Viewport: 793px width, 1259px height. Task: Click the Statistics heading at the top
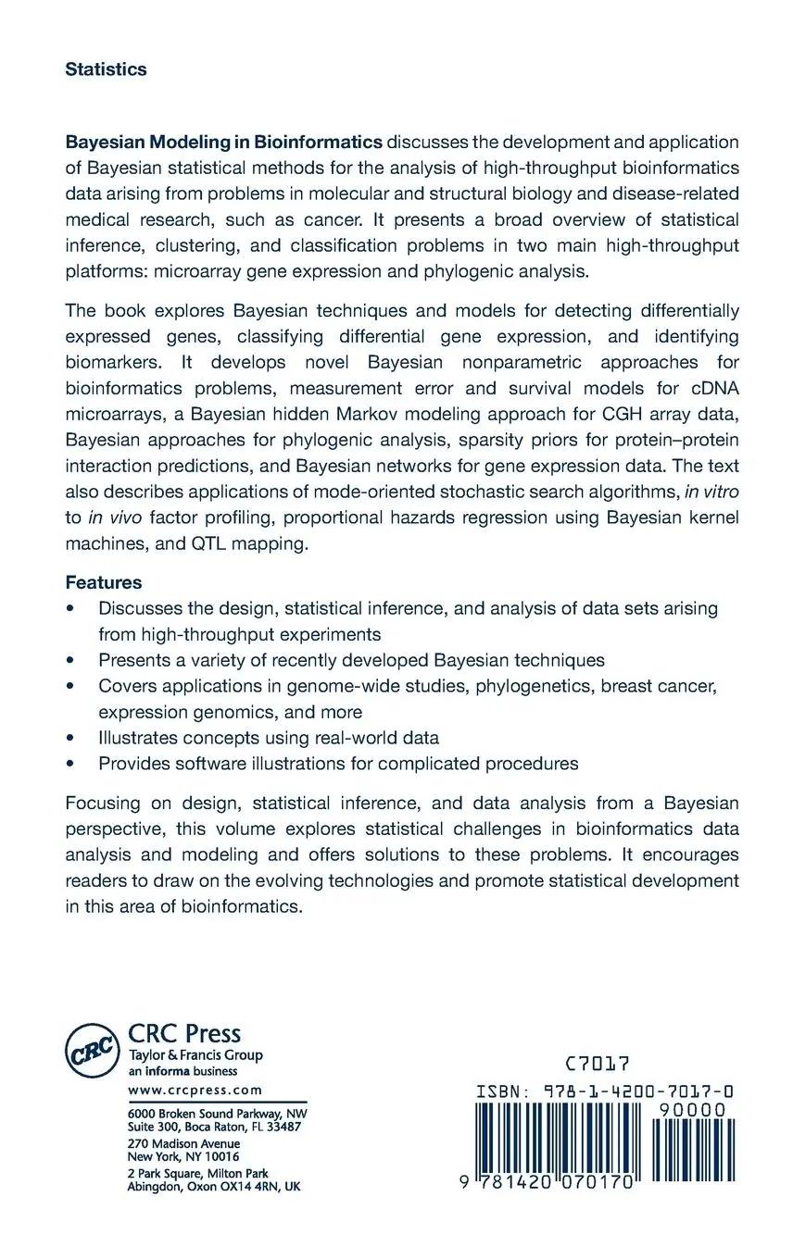pos(106,69)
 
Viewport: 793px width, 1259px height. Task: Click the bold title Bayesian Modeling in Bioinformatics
pos(223,142)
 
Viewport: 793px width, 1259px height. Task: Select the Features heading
pos(103,582)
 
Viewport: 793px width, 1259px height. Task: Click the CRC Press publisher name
pos(183,1033)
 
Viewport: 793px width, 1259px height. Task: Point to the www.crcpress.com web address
pos(195,1091)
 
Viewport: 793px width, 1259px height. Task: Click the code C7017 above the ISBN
pos(598,1065)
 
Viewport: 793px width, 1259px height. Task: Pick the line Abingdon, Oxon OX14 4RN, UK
pos(213,1186)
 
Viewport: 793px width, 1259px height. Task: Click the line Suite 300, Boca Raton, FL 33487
pos(213,1127)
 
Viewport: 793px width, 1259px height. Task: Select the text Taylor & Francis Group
pos(195,1055)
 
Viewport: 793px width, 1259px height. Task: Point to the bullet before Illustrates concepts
pos(70,738)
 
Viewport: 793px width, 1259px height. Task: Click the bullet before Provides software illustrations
pos(70,764)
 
